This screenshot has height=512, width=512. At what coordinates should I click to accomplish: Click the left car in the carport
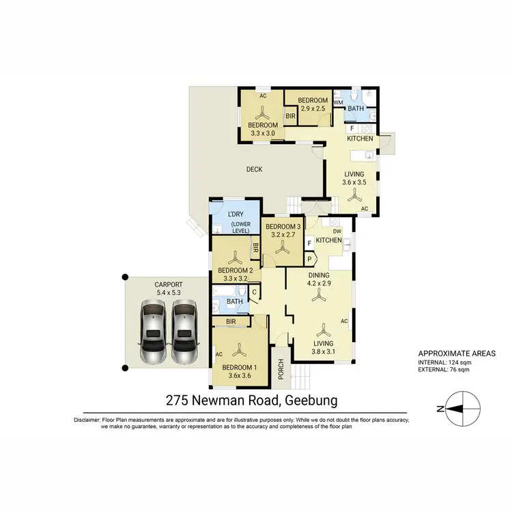click(152, 333)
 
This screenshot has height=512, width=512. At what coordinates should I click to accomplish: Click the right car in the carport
click(184, 333)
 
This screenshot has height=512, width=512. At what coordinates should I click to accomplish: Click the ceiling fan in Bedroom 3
click(282, 250)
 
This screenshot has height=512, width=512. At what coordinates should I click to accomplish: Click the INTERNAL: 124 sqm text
click(445, 362)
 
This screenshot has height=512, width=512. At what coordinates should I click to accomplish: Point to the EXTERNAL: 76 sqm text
click(444, 371)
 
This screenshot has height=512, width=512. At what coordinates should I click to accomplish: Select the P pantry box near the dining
click(309, 259)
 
